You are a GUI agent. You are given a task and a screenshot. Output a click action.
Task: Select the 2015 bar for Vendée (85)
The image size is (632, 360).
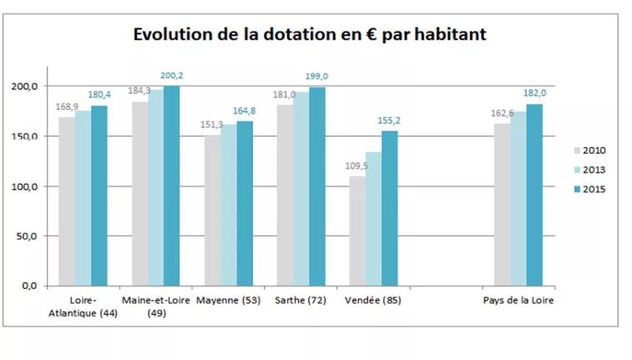coord(390,208)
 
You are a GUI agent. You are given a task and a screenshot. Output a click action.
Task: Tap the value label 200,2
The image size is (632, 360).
coord(173,76)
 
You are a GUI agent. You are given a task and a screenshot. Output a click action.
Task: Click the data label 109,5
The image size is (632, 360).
coord(356,166)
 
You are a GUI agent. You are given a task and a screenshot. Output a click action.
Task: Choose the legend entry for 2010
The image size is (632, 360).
coord(590,151)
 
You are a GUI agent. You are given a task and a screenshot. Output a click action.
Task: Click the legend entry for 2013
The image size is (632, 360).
coord(590,170)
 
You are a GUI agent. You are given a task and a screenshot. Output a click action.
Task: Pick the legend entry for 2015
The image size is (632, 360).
coord(590,189)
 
